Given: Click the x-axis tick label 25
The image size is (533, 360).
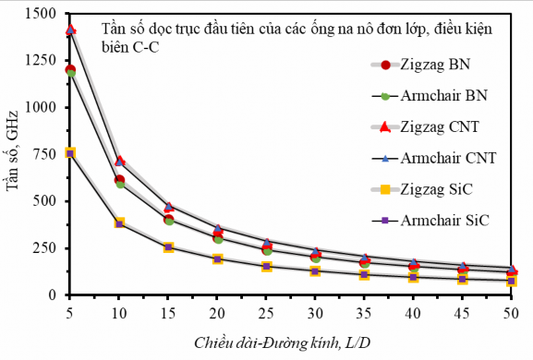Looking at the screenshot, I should pos(266,314).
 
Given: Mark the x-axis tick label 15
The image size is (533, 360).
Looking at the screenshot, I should pos(168,314).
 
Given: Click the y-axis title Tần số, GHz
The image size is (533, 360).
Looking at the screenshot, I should pos(13,155).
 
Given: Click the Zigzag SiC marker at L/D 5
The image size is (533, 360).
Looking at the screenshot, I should pos(70,153).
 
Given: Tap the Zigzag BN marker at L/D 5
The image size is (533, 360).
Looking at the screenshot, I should pos(70,70).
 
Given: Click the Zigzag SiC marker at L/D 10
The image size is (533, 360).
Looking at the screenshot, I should pos(119,223).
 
